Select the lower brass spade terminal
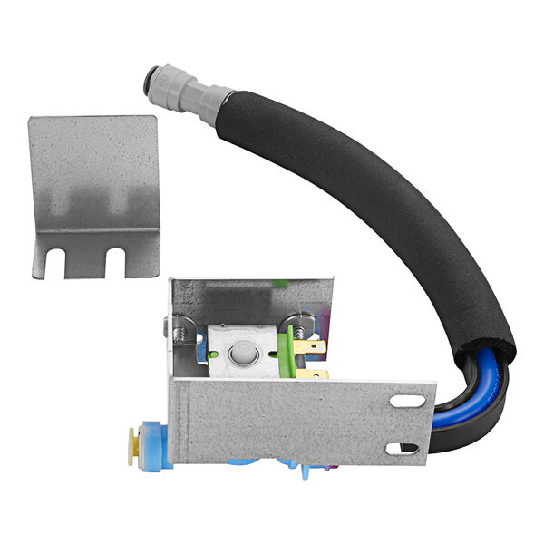(x=314, y=373)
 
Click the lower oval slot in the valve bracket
(x=402, y=448)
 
